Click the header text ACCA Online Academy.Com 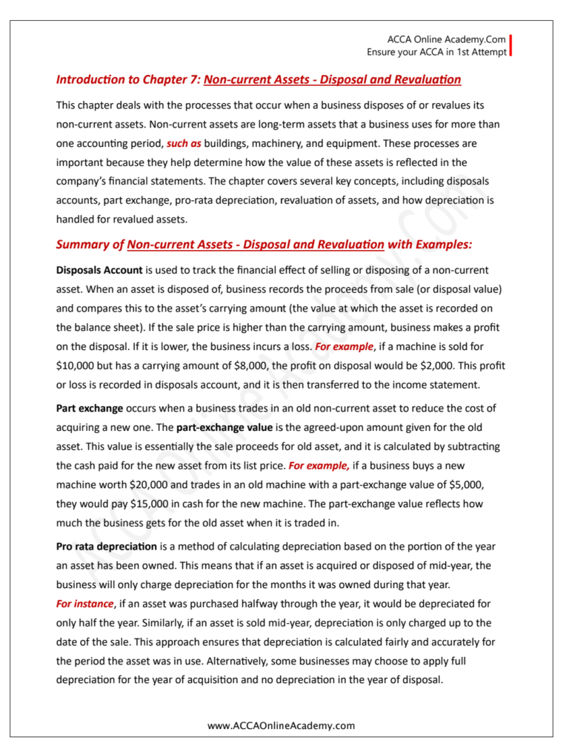446,39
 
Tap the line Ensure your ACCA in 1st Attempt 436,52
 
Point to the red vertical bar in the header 510,45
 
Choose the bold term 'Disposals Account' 99,270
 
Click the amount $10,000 76,365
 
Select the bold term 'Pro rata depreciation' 107,547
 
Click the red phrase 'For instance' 85,604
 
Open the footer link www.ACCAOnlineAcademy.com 282,725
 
